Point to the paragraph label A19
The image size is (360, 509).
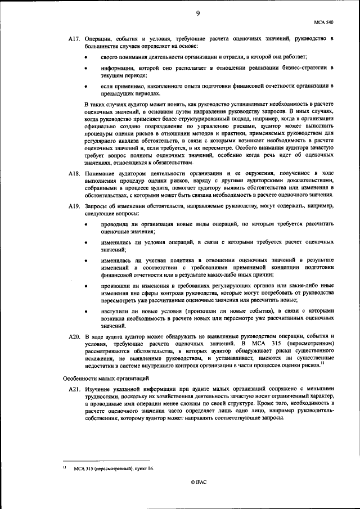pyautogui.click(x=75, y=207)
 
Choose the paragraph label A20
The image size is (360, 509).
pyautogui.click(x=75, y=336)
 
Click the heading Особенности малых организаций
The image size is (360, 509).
pyautogui.click(x=105, y=377)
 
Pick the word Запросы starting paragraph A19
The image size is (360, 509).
pyautogui.click(x=98, y=207)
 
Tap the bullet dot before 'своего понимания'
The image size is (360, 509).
pyautogui.click(x=85, y=57)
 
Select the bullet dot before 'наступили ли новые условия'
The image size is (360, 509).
pyautogui.click(x=85, y=311)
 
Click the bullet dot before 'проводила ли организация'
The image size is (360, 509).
pyautogui.click(x=85, y=224)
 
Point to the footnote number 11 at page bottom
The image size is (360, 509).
pyautogui.click(x=66, y=467)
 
